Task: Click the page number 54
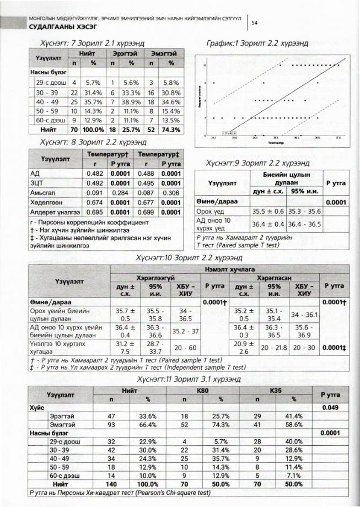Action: coord(254,23)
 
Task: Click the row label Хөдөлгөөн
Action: coord(46,202)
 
